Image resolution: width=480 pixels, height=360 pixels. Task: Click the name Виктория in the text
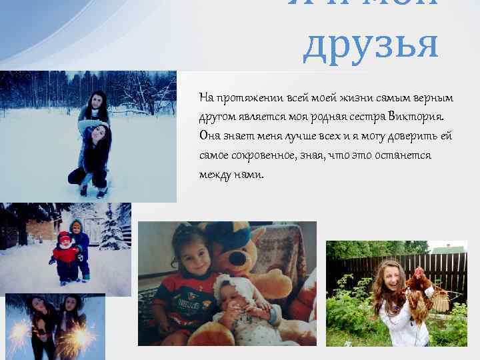[x=423, y=117]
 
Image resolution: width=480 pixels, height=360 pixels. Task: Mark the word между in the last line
[x=215, y=175]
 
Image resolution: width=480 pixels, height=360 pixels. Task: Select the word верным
[x=433, y=98]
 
